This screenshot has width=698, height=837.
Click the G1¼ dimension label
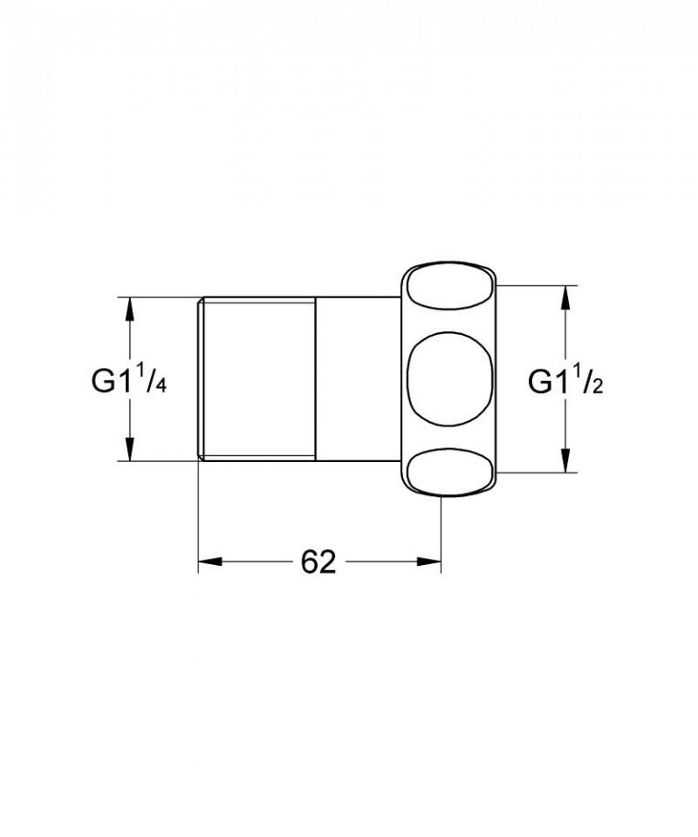point(128,380)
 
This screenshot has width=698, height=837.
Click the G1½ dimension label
point(568,380)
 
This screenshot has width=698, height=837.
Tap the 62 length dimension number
point(318,562)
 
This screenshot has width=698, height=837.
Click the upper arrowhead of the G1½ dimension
point(566,296)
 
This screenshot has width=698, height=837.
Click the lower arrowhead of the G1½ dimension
point(566,462)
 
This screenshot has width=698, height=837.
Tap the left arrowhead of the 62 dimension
point(209,562)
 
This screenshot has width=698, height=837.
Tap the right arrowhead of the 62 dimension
point(428,562)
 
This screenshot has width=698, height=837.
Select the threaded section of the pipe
point(255,379)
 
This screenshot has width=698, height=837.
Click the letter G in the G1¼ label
point(103,381)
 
